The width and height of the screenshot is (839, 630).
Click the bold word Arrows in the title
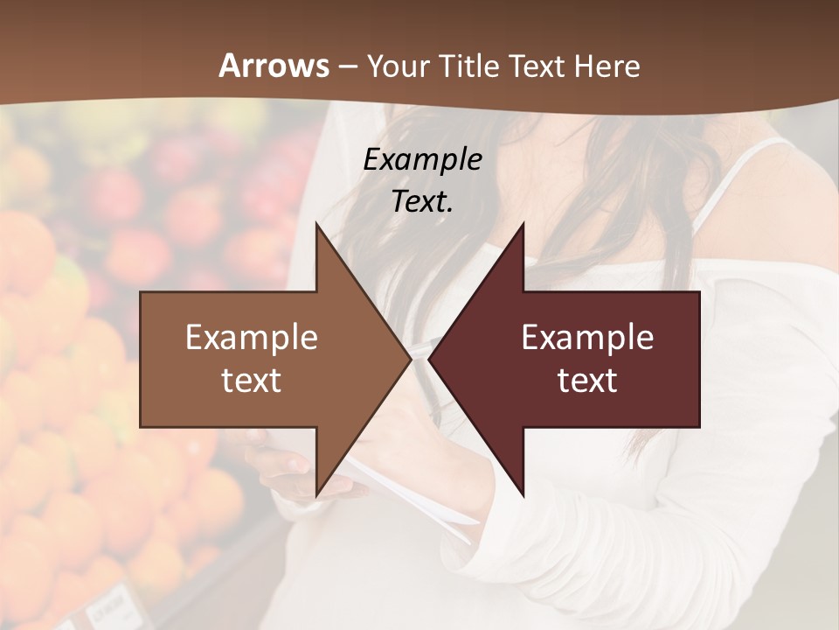(x=274, y=66)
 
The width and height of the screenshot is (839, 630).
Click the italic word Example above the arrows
(x=422, y=159)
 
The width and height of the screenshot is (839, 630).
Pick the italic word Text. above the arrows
(x=422, y=201)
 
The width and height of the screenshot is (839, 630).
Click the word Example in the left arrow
(x=252, y=338)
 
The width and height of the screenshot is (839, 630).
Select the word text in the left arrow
(x=252, y=381)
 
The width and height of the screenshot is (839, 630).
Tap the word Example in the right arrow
(x=587, y=338)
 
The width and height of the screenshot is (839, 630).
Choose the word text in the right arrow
(x=587, y=381)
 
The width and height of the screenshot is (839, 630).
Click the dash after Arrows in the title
(x=347, y=66)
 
